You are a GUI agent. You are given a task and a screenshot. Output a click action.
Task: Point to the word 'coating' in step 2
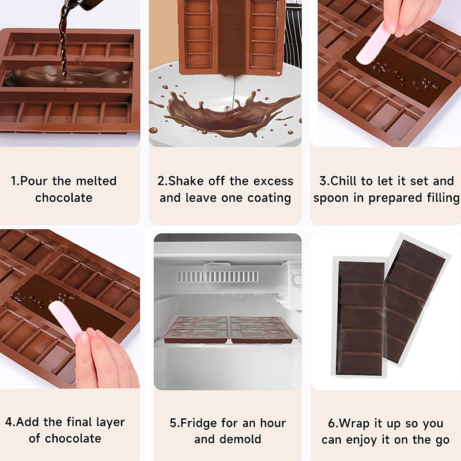(x=269, y=198)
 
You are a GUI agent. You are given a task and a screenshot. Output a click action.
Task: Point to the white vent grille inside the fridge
(x=217, y=277)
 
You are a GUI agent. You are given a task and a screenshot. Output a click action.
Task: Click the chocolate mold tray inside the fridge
(x=228, y=329)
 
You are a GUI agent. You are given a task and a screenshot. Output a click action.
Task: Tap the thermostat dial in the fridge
(x=297, y=280)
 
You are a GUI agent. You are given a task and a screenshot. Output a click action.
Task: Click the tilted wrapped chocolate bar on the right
(x=415, y=299)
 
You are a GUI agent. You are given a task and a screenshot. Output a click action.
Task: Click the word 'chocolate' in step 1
(x=64, y=198)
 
